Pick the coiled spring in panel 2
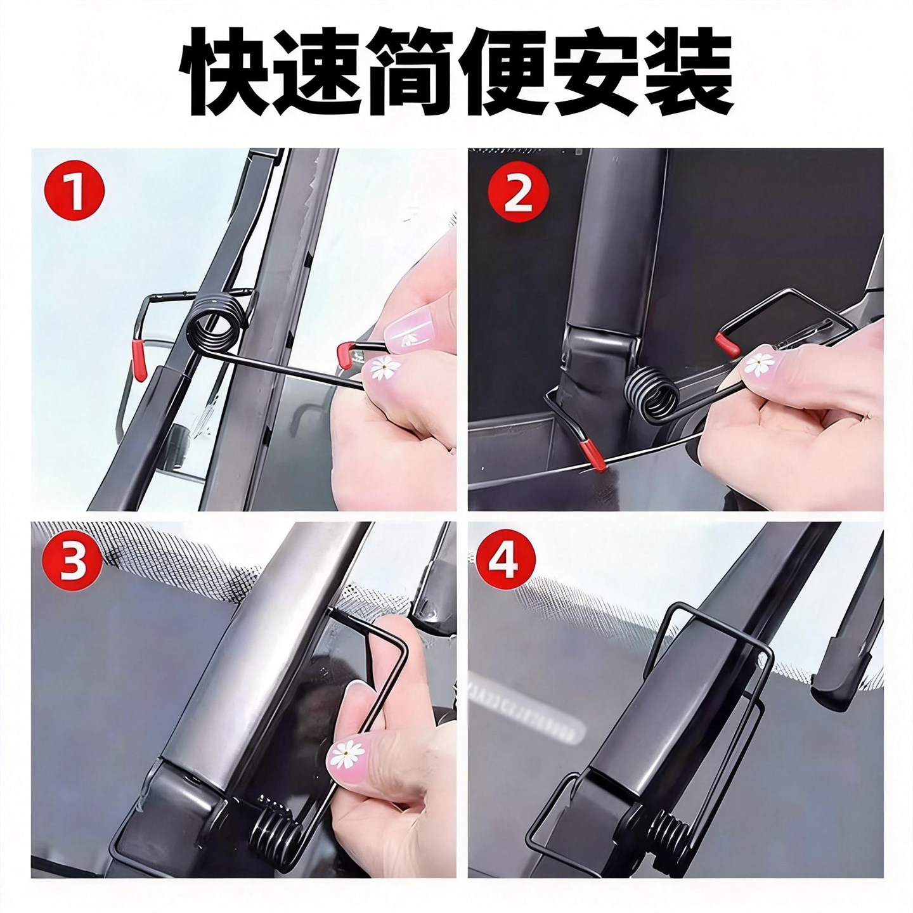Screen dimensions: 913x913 point(653,392)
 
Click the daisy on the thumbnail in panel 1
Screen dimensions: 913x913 point(382,367)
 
